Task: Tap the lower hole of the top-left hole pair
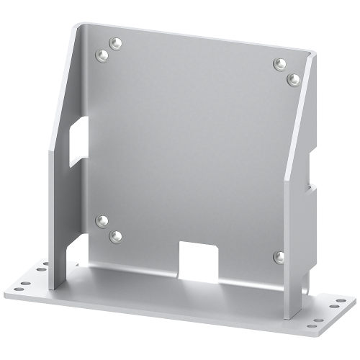tap(99, 54)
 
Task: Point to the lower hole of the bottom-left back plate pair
tap(113, 234)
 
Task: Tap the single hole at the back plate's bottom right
tap(278, 256)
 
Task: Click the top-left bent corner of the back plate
tap(79, 25)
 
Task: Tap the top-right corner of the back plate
tap(315, 53)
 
